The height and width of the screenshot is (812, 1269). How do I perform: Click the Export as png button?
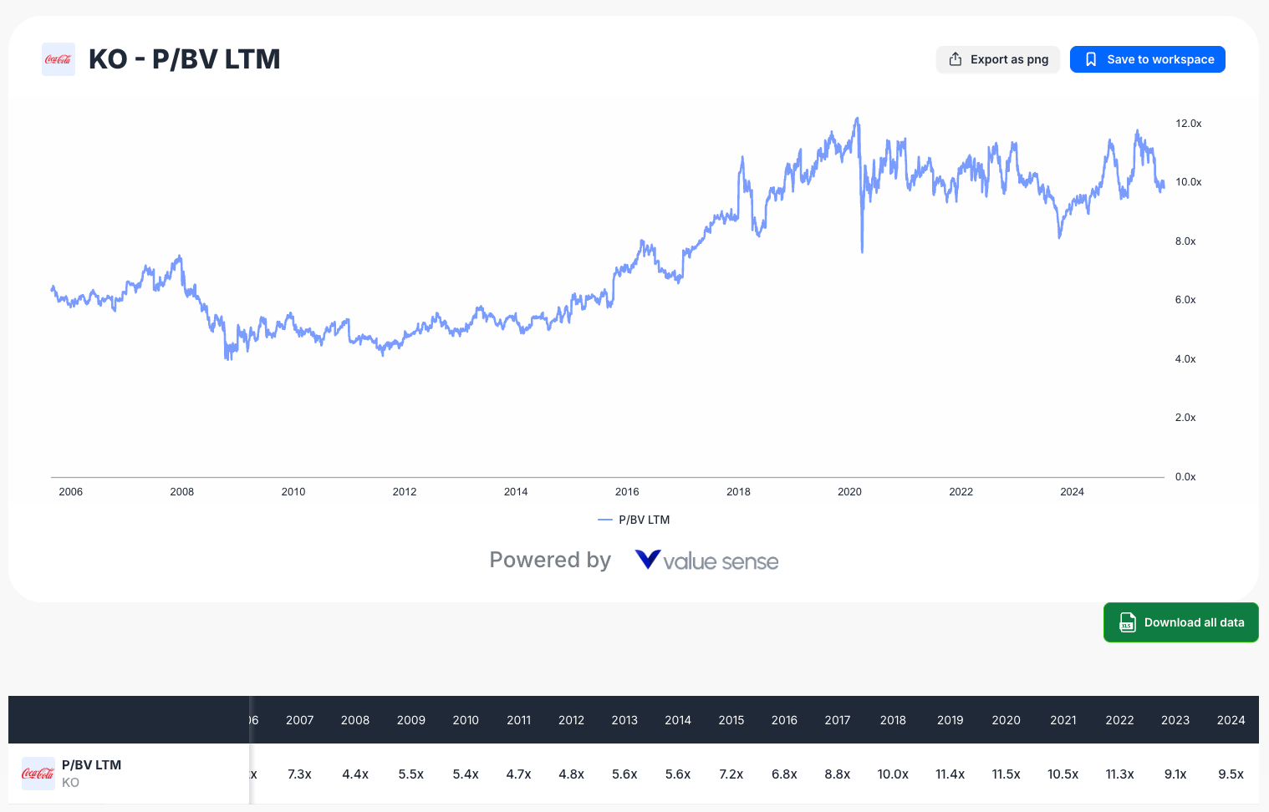click(x=997, y=59)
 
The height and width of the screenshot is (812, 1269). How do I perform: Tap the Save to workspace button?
click(x=1147, y=59)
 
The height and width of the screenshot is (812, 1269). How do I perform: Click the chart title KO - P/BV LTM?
click(x=184, y=59)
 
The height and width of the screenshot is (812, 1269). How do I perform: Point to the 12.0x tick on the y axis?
click(x=1188, y=124)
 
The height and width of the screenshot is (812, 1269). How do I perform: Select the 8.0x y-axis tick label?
click(x=1185, y=241)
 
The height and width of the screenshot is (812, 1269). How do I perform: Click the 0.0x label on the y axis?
click(x=1185, y=477)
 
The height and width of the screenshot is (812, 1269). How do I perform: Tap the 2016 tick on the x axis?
click(x=627, y=492)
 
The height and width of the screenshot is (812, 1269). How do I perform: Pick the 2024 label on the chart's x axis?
click(x=1072, y=492)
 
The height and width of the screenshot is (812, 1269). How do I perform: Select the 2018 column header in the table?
click(x=893, y=720)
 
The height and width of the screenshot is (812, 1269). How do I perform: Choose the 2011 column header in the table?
click(x=518, y=720)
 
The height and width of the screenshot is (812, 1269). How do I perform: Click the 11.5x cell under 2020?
click(x=1006, y=774)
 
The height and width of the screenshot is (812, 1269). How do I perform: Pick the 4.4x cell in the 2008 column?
click(x=355, y=774)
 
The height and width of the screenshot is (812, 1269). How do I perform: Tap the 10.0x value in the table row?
click(x=893, y=774)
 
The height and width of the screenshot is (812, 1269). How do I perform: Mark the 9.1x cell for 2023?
click(x=1175, y=774)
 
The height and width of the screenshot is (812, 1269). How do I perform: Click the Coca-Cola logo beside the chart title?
click(x=59, y=59)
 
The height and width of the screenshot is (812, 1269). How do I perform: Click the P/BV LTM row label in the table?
click(x=91, y=765)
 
